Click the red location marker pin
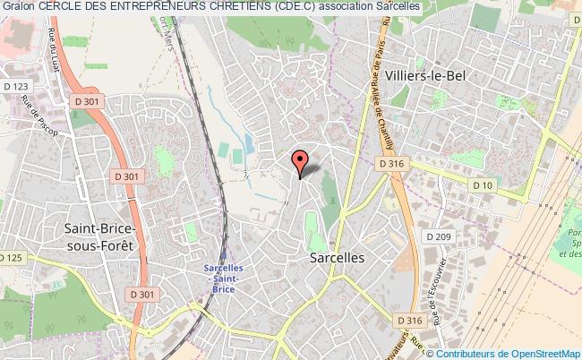click(x=300, y=161)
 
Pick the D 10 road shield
click(x=483, y=185)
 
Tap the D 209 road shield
click(x=437, y=236)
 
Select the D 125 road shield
click(x=10, y=258)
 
